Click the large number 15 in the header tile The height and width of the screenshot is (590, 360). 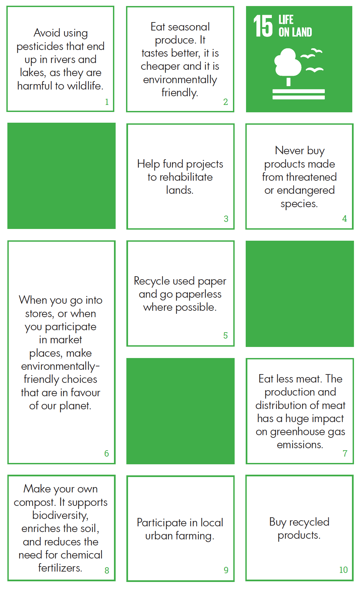(263, 26)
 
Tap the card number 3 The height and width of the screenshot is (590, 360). (226, 219)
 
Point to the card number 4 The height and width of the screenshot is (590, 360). (345, 219)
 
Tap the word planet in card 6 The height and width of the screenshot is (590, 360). (75, 406)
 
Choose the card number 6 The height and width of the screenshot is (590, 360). (107, 454)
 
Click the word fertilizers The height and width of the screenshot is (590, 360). (60, 568)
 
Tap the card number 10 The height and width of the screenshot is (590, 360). (344, 570)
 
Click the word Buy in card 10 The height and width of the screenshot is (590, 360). (278, 522)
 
